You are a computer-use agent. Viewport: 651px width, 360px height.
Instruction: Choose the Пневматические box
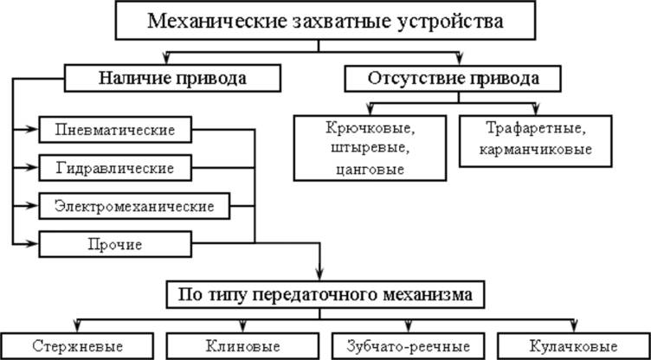pos(115,130)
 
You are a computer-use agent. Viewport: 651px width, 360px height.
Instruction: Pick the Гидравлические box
pos(115,167)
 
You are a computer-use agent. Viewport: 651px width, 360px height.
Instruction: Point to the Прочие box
pos(115,244)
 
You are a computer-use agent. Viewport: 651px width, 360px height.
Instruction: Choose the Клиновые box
pos(243,345)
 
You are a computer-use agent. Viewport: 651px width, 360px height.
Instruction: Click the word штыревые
pos(369,149)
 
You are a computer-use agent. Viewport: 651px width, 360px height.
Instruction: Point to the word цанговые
pos(369,167)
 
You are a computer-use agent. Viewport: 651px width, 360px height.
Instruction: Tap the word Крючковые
pos(369,130)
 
